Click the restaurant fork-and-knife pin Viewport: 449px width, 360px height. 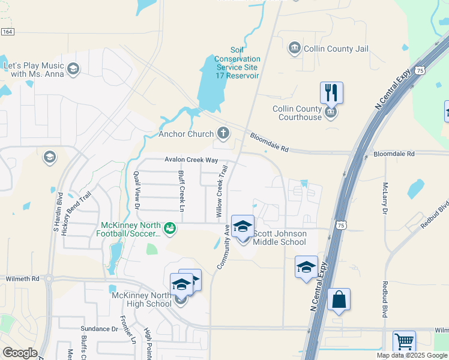point(331,93)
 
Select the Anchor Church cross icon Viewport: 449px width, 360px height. point(224,133)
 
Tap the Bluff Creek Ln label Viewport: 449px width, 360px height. point(181,191)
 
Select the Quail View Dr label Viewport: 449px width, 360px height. point(136,190)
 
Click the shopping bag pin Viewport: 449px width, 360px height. point(339,299)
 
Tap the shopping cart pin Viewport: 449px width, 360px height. point(404,342)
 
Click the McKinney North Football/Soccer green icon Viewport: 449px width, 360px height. point(170,228)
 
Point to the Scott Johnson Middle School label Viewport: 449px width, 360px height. point(280,238)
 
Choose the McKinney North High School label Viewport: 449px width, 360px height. point(142,299)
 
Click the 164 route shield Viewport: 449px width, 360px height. point(7,32)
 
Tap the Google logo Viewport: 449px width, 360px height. point(20,353)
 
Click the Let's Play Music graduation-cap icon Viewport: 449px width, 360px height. point(73,69)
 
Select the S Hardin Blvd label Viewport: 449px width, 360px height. point(59,212)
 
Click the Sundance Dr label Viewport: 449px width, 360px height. point(100,329)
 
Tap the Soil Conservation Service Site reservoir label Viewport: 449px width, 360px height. point(238,63)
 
